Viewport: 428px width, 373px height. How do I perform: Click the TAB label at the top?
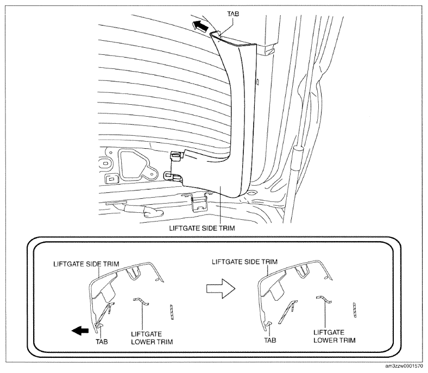pos(233,14)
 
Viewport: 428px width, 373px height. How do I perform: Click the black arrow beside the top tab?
pos(199,25)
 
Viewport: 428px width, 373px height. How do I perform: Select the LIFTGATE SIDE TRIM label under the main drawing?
pos(202,228)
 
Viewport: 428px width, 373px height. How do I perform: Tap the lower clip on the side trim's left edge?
pos(173,176)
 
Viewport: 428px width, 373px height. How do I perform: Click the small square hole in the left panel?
pos(111,179)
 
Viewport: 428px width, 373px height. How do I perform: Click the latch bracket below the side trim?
pos(198,202)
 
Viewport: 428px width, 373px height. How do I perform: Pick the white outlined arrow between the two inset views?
pos(221,288)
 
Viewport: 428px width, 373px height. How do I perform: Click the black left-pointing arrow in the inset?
pos(80,331)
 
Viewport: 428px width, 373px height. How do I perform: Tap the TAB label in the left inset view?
pos(102,342)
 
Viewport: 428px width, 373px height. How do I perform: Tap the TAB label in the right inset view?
pos(270,340)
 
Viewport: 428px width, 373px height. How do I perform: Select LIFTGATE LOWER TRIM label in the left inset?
pos(152,338)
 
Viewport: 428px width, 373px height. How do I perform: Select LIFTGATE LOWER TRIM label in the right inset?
pos(335,337)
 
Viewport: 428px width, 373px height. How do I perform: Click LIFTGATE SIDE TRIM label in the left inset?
pos(86,264)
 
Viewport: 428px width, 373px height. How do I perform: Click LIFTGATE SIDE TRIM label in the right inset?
pos(244,262)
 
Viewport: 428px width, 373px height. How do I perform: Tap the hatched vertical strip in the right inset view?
pos(355,309)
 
